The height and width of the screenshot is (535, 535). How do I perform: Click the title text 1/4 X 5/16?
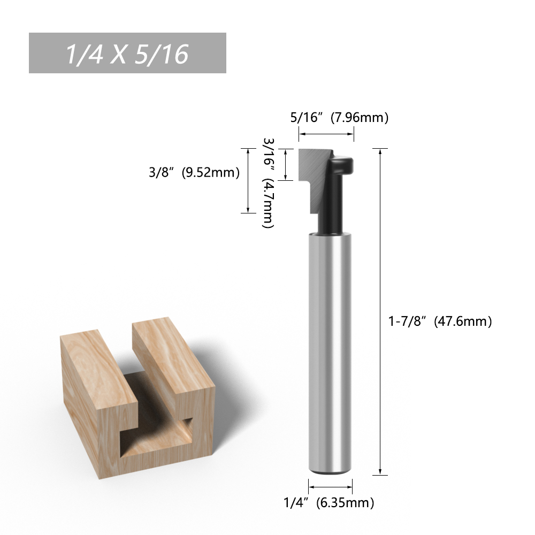point(127,54)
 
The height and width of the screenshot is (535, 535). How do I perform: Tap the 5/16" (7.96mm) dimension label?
point(339,117)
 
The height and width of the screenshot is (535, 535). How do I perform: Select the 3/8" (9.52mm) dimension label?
point(194,172)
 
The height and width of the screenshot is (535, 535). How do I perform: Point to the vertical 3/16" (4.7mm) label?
point(268,183)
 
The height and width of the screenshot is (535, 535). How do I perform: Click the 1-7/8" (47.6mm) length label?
point(440,321)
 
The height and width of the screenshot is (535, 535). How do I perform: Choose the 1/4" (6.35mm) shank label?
point(329,502)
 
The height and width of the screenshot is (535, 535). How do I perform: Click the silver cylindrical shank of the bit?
point(330,353)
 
